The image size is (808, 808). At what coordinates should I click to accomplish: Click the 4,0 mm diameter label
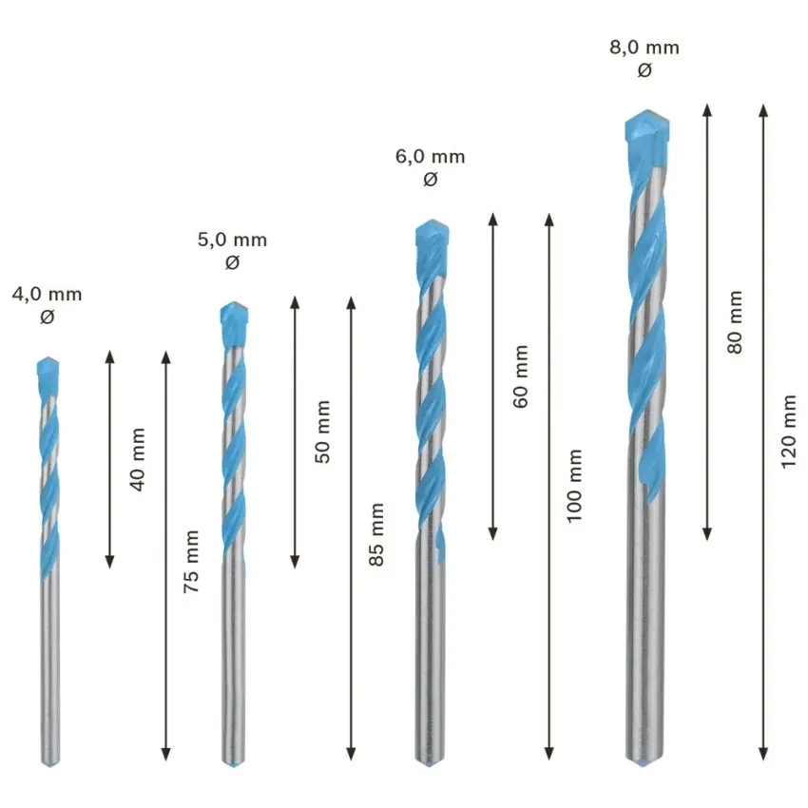tap(47, 295)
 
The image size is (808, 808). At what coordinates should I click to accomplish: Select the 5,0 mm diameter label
tap(232, 240)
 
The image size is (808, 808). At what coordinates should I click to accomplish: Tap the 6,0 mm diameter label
tap(431, 156)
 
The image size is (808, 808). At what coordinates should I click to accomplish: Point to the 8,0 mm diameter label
tap(644, 48)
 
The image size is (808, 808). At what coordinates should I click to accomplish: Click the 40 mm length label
tap(138, 459)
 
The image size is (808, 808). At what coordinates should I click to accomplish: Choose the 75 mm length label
tap(191, 561)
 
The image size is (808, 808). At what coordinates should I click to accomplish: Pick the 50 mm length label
tap(322, 432)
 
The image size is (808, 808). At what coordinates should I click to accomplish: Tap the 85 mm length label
tap(376, 535)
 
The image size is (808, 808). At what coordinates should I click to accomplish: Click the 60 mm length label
tap(521, 376)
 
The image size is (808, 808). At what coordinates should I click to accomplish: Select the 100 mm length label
tap(574, 486)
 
